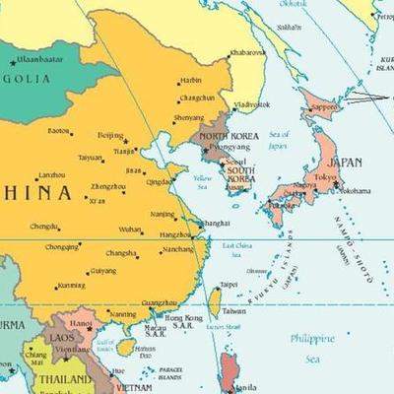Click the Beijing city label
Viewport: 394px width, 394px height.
point(110,134)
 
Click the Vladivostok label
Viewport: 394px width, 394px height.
point(251,104)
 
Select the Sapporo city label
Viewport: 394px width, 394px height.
point(325,106)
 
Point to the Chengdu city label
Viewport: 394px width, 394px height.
point(44,227)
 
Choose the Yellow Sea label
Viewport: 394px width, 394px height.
point(202,181)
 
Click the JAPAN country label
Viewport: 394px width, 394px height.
point(344,162)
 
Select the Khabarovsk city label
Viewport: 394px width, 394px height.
point(246,52)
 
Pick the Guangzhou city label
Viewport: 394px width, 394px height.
point(160,303)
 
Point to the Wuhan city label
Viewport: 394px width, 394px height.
point(130,229)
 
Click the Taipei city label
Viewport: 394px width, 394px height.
point(229,285)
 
